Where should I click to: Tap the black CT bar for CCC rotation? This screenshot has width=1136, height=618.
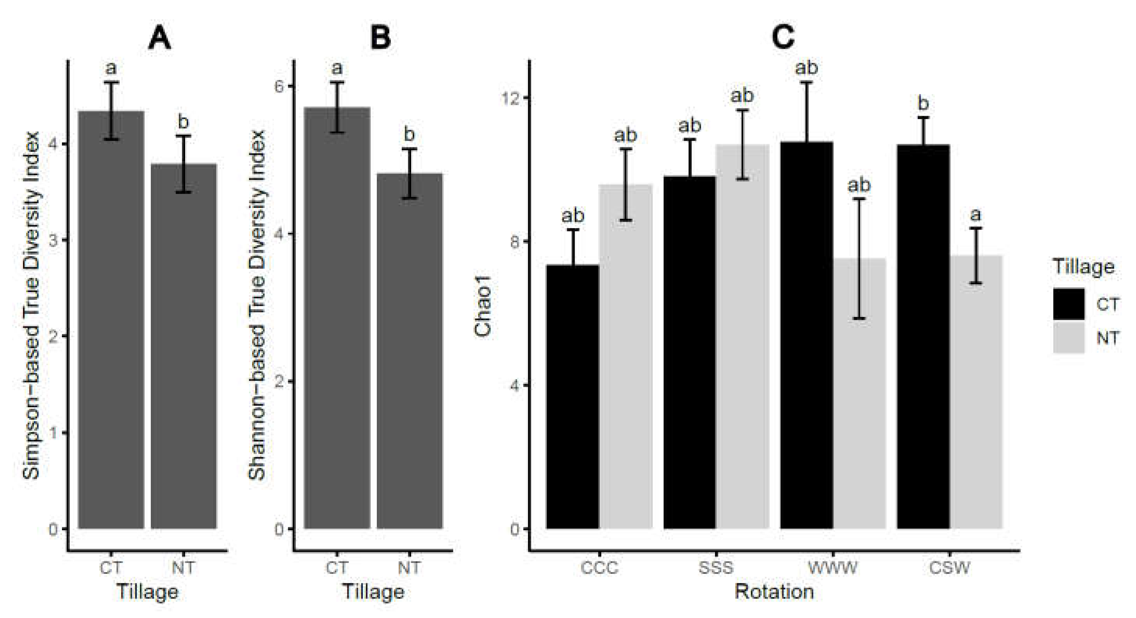(572, 397)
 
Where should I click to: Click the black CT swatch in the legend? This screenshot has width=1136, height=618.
(1069, 304)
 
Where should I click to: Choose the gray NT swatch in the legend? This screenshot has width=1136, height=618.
(1069, 338)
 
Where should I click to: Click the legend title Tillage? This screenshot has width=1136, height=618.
(1083, 267)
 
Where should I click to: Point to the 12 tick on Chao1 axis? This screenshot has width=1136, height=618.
(511, 98)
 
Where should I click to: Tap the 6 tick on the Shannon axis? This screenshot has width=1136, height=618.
(279, 86)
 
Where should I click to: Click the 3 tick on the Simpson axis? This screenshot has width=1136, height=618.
(54, 240)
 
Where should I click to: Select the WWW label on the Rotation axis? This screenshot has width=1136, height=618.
(832, 568)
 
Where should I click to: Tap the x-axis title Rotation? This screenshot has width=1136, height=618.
(774, 592)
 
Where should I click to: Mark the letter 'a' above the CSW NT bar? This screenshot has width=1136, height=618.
(976, 215)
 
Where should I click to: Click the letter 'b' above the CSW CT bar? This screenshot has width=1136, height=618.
(923, 104)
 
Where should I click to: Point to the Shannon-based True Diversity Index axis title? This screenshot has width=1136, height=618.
(257, 304)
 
